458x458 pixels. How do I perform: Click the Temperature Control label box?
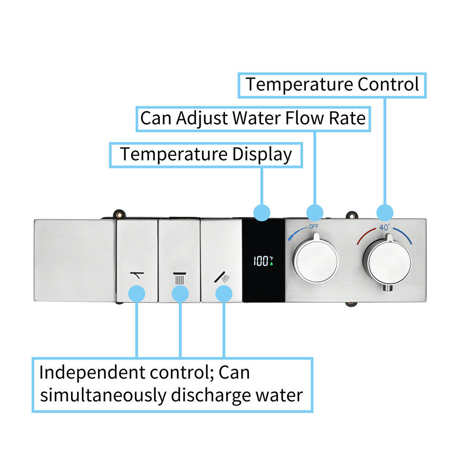click(333, 85)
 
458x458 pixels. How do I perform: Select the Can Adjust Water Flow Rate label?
click(253, 118)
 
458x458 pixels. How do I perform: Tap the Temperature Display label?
click(206, 154)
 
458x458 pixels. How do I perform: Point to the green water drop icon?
click(271, 264)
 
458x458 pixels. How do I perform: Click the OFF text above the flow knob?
click(314, 227)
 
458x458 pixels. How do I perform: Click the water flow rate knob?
click(315, 260)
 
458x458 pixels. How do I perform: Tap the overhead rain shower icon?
click(180, 277)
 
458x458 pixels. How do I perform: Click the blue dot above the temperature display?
click(262, 213)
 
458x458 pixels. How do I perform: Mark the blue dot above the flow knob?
click(315, 213)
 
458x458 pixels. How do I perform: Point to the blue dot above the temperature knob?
click(385, 213)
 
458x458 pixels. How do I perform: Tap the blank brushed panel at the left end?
click(74, 260)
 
